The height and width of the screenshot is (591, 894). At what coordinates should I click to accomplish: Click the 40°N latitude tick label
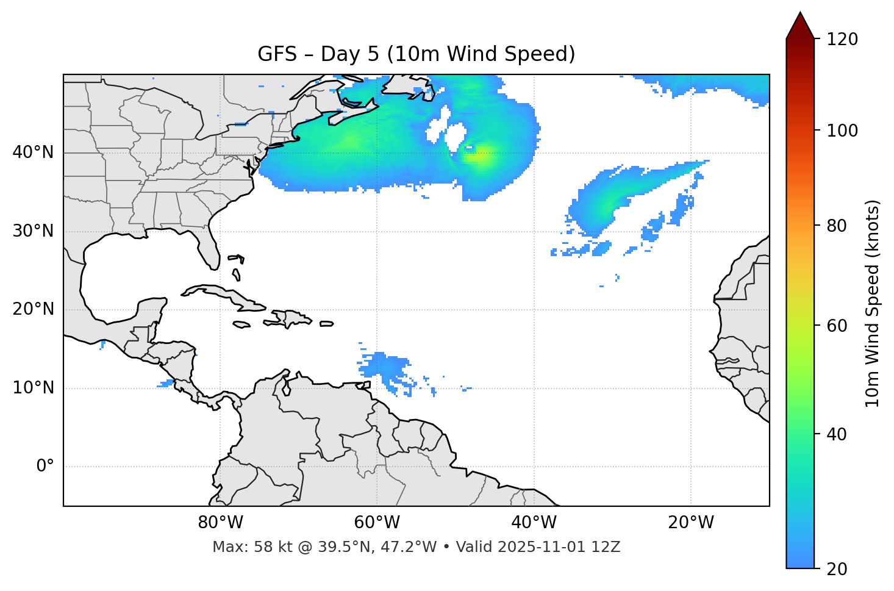(33, 152)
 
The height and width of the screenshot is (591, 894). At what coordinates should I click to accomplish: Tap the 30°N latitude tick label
(33, 231)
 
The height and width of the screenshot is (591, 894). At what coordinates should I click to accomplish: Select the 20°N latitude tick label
(33, 309)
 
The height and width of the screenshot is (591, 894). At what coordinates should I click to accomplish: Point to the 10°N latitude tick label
(33, 388)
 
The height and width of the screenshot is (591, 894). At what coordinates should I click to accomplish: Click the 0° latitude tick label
(45, 467)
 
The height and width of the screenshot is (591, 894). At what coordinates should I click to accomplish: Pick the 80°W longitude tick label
(220, 523)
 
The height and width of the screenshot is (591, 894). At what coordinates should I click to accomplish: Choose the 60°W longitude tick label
(377, 523)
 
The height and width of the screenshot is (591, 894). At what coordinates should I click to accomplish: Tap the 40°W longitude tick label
(534, 523)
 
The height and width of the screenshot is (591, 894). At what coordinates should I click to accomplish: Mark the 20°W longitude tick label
(690, 523)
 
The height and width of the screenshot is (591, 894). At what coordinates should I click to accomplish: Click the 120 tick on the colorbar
(842, 39)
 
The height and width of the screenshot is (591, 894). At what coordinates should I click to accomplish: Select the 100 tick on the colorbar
(842, 131)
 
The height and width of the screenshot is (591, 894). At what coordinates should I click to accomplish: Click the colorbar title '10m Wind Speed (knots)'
(873, 303)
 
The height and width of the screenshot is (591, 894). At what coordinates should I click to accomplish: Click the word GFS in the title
(277, 54)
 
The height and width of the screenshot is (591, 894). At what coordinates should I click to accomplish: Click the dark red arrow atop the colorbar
(800, 26)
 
